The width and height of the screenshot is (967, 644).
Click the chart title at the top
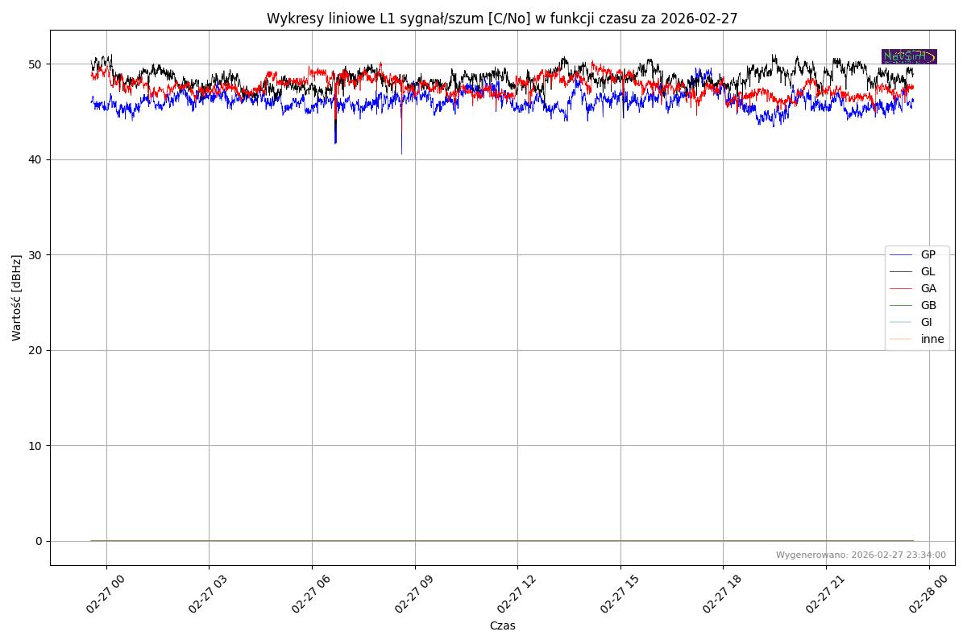pyautogui.click(x=502, y=19)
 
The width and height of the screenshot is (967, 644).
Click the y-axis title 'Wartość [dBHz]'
pyautogui.click(x=17, y=298)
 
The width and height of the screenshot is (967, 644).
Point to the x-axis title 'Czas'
pyautogui.click(x=502, y=625)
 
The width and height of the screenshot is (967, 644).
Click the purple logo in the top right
pyautogui.click(x=909, y=56)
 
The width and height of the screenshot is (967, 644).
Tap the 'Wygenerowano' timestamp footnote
pyautogui.click(x=861, y=555)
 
